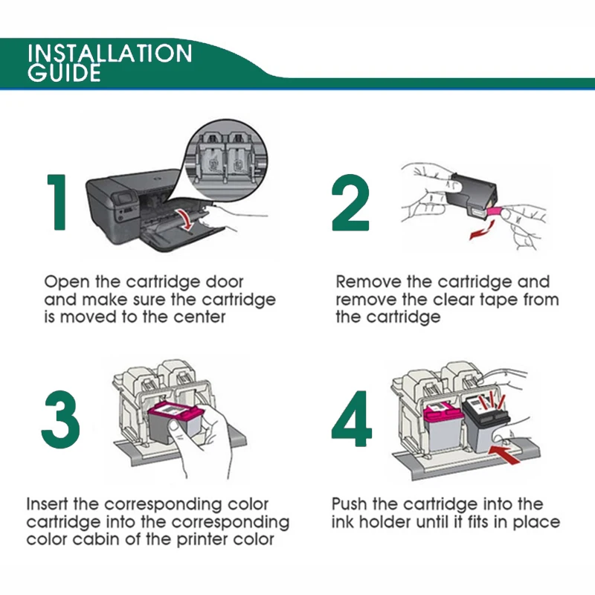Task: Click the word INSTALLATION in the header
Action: point(110,54)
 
